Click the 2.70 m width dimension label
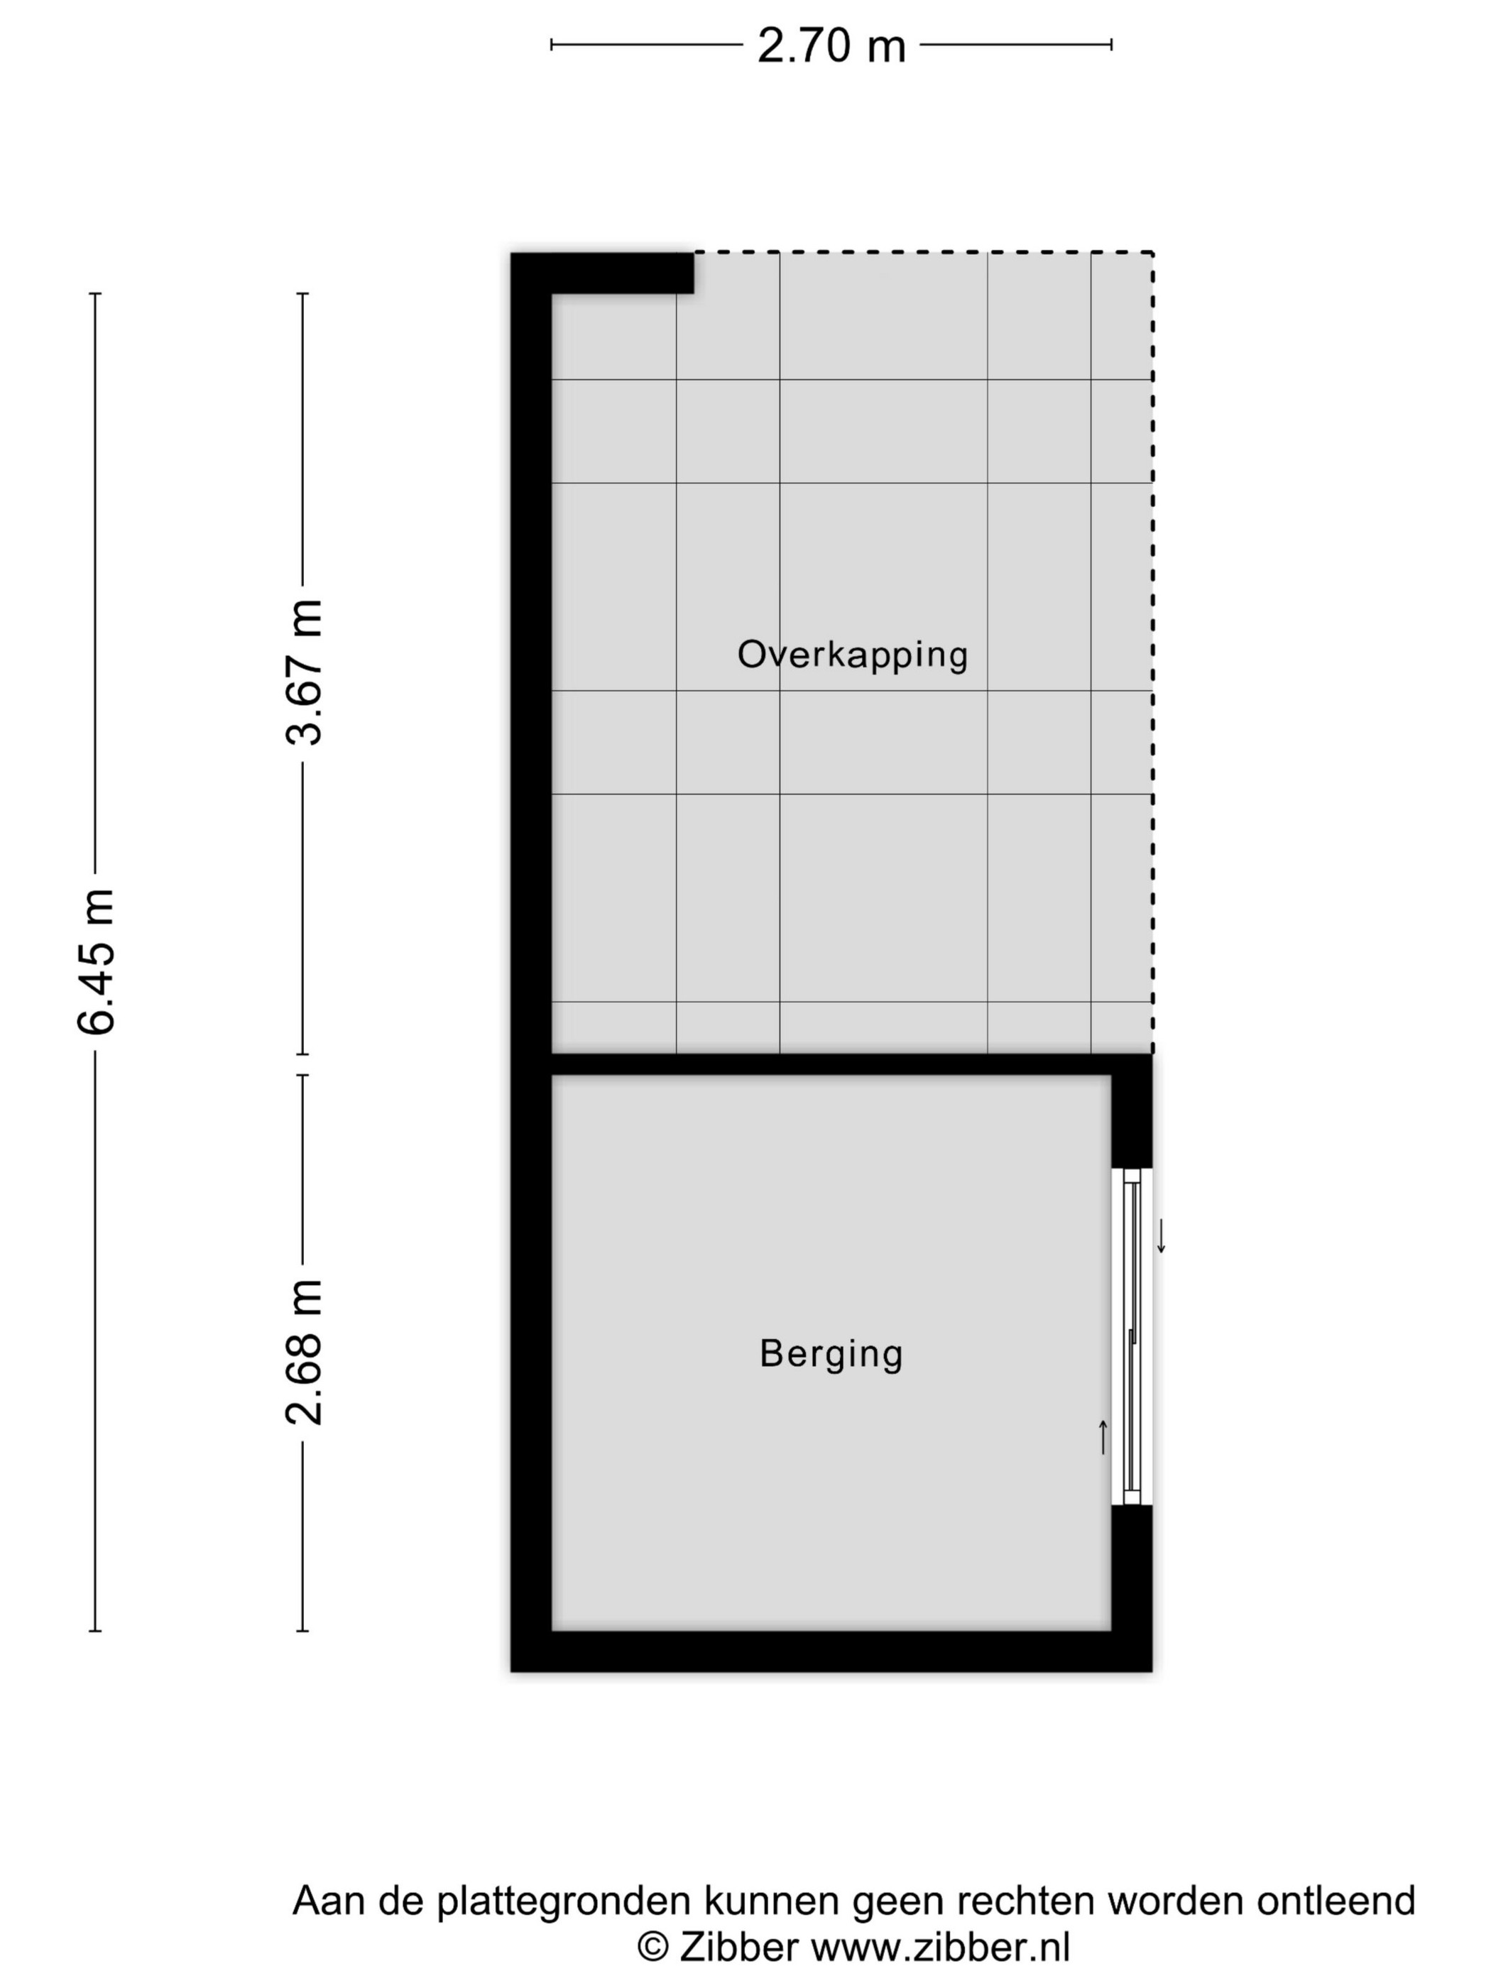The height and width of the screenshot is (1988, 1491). tap(831, 45)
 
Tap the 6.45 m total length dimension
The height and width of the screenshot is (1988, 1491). tap(96, 961)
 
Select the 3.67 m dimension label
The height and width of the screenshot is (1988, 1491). tap(303, 672)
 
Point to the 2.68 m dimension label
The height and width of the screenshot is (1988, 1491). tap(303, 1351)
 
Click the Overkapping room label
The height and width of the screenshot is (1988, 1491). tap(853, 655)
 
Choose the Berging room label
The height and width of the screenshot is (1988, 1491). tap(831, 1353)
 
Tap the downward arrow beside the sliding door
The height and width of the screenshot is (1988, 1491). tap(1160, 1236)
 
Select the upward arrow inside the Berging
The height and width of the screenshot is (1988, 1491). tap(1103, 1437)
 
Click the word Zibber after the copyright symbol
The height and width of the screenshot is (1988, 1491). tap(739, 1947)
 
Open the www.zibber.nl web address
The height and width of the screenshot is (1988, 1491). tap(940, 1947)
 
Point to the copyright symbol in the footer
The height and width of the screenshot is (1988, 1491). tap(652, 1948)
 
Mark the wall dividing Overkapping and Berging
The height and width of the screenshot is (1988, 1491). tap(831, 1064)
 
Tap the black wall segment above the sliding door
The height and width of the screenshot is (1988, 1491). tap(1132, 1111)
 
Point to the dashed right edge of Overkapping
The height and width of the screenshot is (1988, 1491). tap(1152, 652)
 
